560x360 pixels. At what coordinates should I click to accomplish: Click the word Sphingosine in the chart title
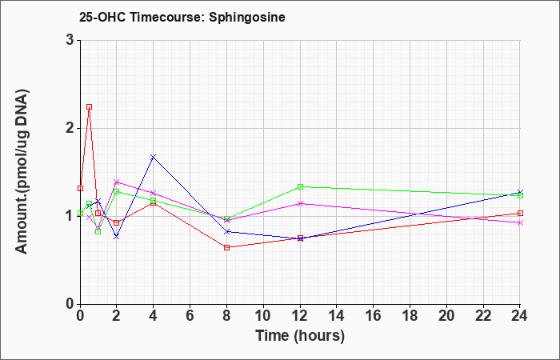(x=247, y=18)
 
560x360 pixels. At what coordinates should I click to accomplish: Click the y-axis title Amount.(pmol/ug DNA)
(x=22, y=172)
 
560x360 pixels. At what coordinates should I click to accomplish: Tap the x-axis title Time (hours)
(x=300, y=336)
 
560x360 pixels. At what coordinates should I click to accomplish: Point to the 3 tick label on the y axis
(x=70, y=40)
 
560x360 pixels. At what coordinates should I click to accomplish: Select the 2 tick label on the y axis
(x=70, y=128)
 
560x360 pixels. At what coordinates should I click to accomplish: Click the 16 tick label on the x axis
(x=374, y=316)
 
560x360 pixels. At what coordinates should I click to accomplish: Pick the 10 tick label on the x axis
(x=263, y=316)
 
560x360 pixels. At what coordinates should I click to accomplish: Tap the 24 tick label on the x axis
(x=520, y=316)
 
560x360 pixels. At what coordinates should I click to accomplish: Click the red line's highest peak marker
(x=90, y=106)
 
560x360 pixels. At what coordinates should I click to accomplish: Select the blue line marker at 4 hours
(x=154, y=157)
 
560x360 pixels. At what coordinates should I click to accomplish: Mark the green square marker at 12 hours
(x=300, y=186)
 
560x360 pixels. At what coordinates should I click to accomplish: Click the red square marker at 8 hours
(x=226, y=247)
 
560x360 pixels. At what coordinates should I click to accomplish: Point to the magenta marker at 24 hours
(x=520, y=223)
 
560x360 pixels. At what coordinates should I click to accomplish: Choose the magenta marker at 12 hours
(x=300, y=203)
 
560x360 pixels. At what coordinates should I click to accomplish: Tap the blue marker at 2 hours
(x=117, y=237)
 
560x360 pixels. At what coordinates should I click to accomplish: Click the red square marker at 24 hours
(x=520, y=214)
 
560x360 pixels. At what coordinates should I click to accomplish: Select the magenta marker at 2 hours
(x=117, y=182)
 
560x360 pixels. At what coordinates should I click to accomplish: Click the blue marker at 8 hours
(x=226, y=232)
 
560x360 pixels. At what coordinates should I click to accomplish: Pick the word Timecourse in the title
(x=166, y=18)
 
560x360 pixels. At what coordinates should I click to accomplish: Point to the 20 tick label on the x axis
(x=446, y=316)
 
